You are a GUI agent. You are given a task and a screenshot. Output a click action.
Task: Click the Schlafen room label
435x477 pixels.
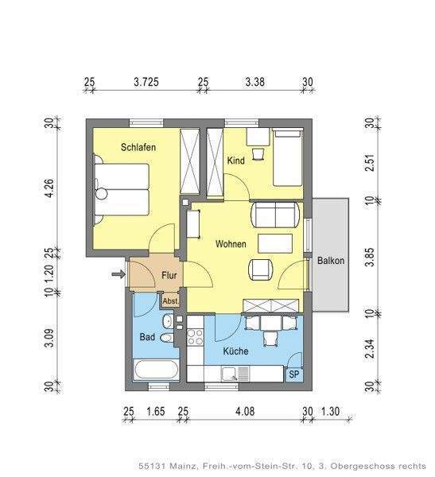point(138,147)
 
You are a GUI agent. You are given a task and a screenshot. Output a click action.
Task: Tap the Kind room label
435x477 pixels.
point(236,161)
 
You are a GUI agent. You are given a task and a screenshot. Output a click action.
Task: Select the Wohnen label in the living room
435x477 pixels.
point(231,244)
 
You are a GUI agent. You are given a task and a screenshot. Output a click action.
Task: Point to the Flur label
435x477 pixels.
point(169,275)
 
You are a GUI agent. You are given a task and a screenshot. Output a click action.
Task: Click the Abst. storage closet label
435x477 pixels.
point(170,301)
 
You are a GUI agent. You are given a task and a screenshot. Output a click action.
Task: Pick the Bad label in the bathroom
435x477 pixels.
point(147,337)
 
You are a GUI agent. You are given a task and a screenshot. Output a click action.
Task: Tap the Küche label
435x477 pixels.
point(235,351)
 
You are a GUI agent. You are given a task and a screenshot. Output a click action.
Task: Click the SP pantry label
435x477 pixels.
point(294,374)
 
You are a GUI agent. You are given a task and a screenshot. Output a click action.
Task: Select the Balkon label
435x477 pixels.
point(331,261)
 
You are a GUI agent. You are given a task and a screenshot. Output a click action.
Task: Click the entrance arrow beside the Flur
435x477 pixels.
point(118,274)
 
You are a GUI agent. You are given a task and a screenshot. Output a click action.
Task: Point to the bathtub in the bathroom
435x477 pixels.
point(156,370)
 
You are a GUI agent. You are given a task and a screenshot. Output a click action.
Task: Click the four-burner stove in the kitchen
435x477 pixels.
point(195,337)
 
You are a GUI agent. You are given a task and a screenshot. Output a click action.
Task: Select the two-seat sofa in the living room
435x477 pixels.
point(275,215)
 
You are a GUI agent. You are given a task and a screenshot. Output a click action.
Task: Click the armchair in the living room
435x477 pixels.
point(261,270)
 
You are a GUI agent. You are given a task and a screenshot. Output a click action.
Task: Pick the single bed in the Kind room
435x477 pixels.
point(288,157)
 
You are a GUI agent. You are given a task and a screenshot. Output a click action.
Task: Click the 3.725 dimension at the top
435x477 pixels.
point(146,82)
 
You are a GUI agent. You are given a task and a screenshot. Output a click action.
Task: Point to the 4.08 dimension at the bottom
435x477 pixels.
point(245,411)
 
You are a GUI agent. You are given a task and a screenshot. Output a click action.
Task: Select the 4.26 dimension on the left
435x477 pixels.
point(49,189)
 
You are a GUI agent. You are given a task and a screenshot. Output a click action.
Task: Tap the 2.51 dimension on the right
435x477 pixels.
point(370,163)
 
